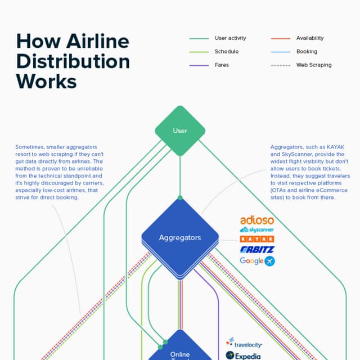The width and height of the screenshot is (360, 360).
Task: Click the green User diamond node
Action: (x=180, y=131)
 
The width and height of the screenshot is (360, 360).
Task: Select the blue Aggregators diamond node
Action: (x=180, y=237)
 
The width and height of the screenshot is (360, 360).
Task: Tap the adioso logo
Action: (x=257, y=220)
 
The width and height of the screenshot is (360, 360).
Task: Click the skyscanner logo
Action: (x=256, y=230)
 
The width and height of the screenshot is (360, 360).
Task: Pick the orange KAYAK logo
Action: (x=257, y=239)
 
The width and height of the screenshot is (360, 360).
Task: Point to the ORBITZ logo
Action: (x=256, y=249)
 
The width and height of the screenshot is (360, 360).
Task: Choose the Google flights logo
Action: (x=257, y=261)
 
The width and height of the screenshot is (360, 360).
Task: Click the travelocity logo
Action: (x=244, y=343)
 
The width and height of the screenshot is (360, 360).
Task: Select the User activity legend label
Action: (x=230, y=38)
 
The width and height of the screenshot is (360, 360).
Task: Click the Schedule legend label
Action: (x=227, y=52)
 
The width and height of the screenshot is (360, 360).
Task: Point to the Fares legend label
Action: (x=222, y=65)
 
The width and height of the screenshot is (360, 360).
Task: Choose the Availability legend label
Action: (x=310, y=38)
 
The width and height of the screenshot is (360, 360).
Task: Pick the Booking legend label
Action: (x=307, y=52)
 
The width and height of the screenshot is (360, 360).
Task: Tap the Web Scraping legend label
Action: (x=314, y=65)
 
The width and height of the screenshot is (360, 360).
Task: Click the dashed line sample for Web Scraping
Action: (x=281, y=65)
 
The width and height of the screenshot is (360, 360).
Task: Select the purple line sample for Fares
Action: (x=199, y=65)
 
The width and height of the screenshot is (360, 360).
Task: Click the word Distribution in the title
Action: (x=73, y=61)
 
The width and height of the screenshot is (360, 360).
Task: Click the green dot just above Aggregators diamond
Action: (x=180, y=197)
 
